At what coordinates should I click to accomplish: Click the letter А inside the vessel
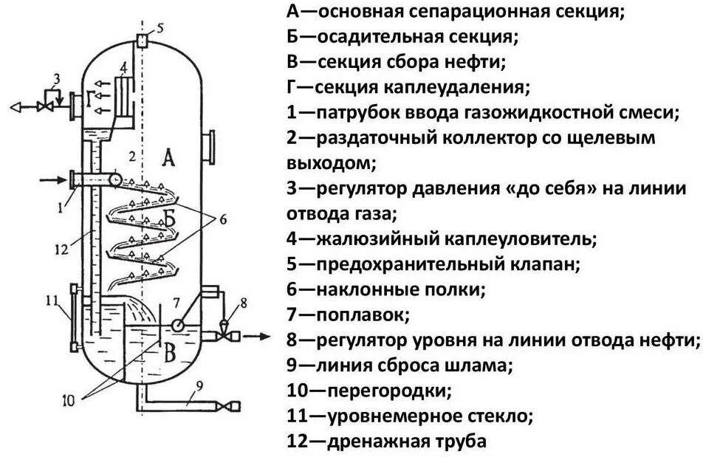click(x=168, y=158)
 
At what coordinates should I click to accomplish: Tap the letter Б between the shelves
click(x=169, y=219)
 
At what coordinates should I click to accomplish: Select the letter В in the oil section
click(x=169, y=354)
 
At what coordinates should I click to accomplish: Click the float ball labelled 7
click(x=179, y=325)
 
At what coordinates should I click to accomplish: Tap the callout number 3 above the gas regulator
click(x=56, y=78)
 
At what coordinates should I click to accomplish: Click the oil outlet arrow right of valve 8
click(x=255, y=337)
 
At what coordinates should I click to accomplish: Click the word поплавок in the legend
click(x=362, y=315)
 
